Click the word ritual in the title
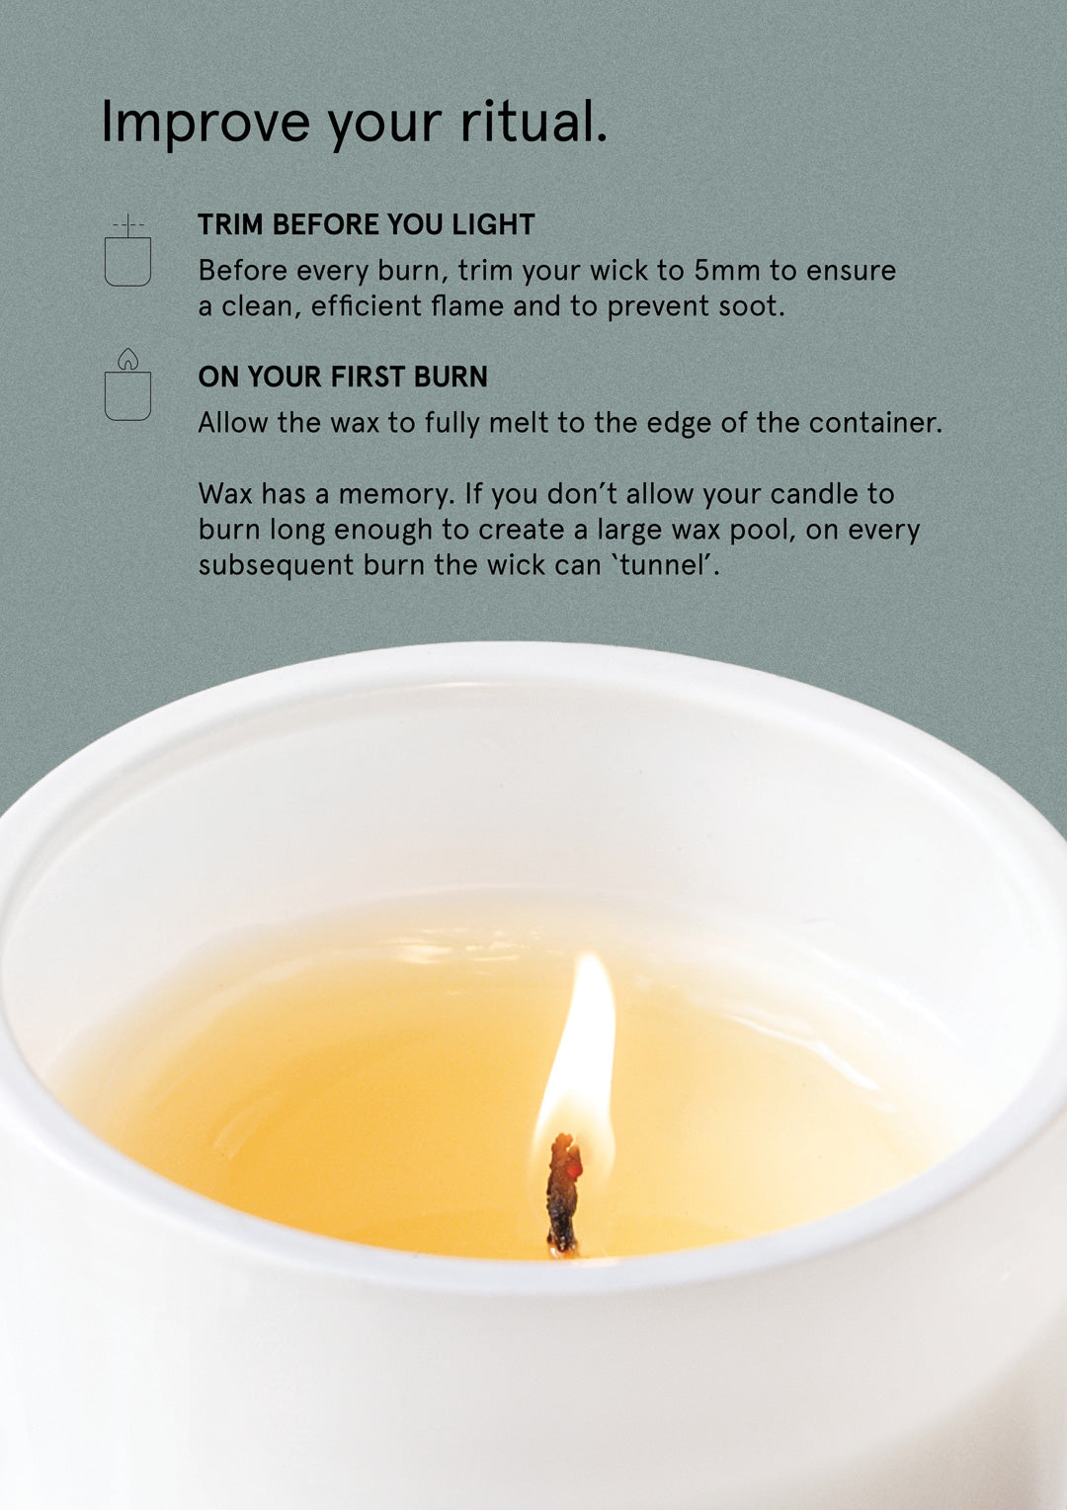coord(533,122)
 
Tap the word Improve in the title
coord(205,122)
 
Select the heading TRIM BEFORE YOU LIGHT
coord(366,224)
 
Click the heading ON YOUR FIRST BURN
coord(343,377)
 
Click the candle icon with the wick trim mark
coord(127,251)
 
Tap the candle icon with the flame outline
coord(127,385)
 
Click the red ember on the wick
coord(574,1171)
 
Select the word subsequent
coord(276,566)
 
